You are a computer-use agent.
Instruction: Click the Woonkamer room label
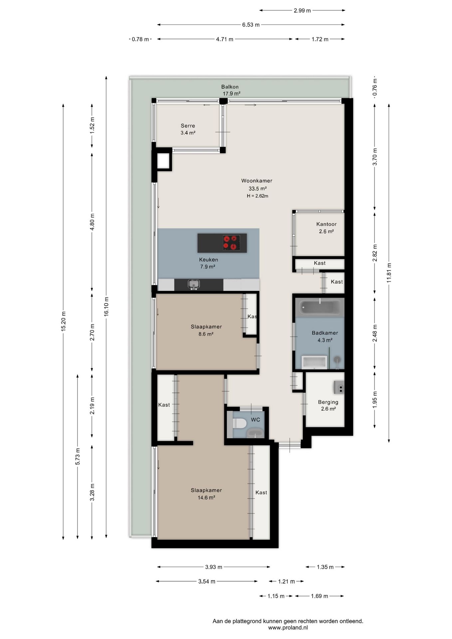point(257,181)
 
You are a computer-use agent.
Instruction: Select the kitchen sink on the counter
point(194,285)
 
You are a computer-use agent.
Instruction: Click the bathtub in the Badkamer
point(320,307)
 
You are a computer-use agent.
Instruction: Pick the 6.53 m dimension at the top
point(251,25)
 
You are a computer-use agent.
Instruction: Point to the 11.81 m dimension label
point(389,273)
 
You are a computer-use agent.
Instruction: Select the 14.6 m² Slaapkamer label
point(206,494)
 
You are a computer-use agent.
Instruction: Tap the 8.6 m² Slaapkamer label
point(206,330)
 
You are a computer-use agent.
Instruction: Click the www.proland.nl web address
point(288,628)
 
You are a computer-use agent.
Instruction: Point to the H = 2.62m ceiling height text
point(257,196)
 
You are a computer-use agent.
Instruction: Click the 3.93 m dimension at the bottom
point(213,567)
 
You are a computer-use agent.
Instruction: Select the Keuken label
point(208,260)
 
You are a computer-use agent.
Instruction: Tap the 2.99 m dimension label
point(302,11)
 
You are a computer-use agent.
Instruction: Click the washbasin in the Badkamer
point(314,362)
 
